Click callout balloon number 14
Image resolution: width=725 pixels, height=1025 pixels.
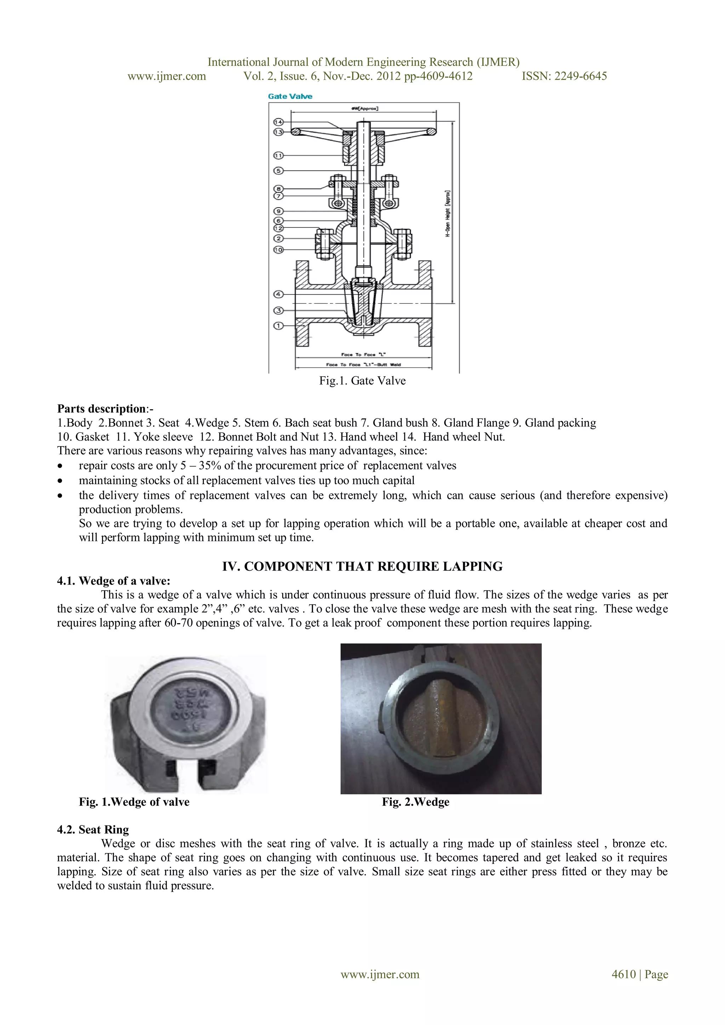click(x=278, y=122)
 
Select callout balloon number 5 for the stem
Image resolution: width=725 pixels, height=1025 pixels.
click(x=278, y=171)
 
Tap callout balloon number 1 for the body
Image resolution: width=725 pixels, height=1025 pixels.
click(x=278, y=326)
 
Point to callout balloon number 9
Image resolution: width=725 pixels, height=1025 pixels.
click(x=278, y=211)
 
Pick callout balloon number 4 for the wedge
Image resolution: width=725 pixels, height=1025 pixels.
click(x=278, y=294)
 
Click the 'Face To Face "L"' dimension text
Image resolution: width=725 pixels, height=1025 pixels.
click(x=364, y=354)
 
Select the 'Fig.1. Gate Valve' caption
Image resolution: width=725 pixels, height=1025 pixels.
click(x=362, y=381)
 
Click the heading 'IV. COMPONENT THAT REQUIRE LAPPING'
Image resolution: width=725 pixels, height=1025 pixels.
click(x=362, y=566)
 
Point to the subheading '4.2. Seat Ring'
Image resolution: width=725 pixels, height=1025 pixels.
click(x=93, y=830)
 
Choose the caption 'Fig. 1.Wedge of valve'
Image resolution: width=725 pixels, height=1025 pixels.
click(x=134, y=802)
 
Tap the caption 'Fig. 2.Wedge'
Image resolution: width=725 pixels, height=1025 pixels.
click(x=415, y=802)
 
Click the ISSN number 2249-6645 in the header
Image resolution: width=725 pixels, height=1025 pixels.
click(x=564, y=76)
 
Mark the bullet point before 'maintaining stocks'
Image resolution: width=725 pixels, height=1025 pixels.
click(x=60, y=481)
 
